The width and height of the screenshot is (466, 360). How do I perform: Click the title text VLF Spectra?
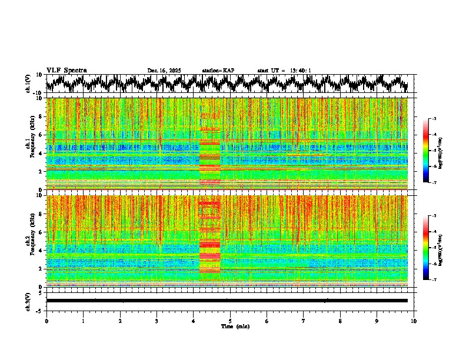[x=66, y=71]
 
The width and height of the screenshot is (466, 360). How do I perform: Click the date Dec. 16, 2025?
[x=164, y=71]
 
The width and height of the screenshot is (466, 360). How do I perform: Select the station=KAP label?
[x=218, y=71]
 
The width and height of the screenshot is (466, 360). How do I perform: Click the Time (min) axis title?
[x=235, y=326]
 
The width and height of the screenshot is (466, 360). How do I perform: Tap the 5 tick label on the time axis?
[x=230, y=321]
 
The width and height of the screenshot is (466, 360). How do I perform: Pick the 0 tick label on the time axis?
[x=46, y=321]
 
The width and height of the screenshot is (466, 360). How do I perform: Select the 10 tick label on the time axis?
[x=414, y=321]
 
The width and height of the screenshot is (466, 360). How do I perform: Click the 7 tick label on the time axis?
[x=304, y=321]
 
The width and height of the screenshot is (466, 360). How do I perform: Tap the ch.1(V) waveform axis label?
[x=28, y=84]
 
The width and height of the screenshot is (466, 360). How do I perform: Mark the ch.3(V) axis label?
[x=28, y=301]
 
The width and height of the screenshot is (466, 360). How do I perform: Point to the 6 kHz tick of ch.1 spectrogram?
[x=41, y=135]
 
